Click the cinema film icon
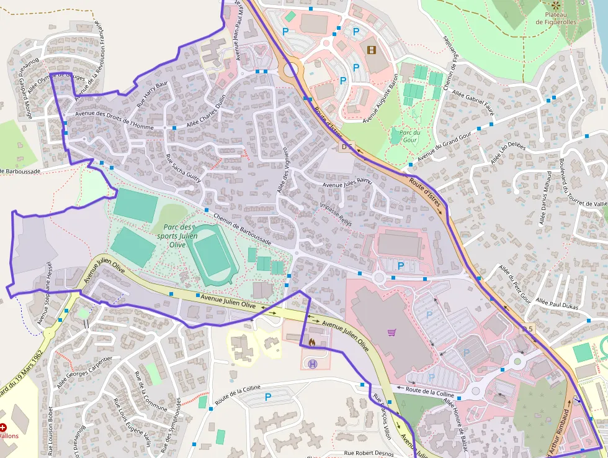pyautogui.click(x=371, y=50)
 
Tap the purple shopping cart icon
pyautogui.click(x=391, y=332)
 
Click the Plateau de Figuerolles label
pyautogui.click(x=555, y=18)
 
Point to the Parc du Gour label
pyautogui.click(x=410, y=136)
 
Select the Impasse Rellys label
pyautogui.click(x=336, y=214)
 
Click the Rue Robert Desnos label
pyautogui.click(x=370, y=453)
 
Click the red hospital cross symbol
pyautogui.click(x=4, y=428)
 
